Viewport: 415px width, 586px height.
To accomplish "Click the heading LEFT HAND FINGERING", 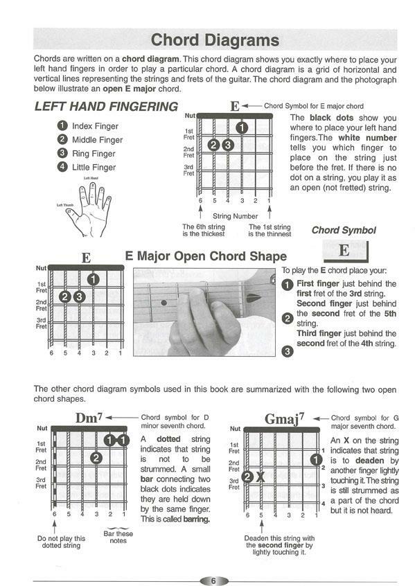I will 106,107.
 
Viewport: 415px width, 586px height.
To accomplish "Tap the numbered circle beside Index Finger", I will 62,126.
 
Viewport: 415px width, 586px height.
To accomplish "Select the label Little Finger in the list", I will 94,168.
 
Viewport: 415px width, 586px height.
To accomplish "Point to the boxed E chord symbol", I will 344,251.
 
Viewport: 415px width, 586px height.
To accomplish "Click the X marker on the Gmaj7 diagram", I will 261,477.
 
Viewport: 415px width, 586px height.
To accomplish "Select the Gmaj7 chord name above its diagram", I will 284,418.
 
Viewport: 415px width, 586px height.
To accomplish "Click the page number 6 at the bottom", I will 214,580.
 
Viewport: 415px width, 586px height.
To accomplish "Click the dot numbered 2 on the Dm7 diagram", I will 96,458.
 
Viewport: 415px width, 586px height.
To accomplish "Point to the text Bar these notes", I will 118,537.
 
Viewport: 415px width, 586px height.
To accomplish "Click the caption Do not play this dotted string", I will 61,542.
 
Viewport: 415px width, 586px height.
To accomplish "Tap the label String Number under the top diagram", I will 235,216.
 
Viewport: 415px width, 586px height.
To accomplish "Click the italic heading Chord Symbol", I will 344,230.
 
